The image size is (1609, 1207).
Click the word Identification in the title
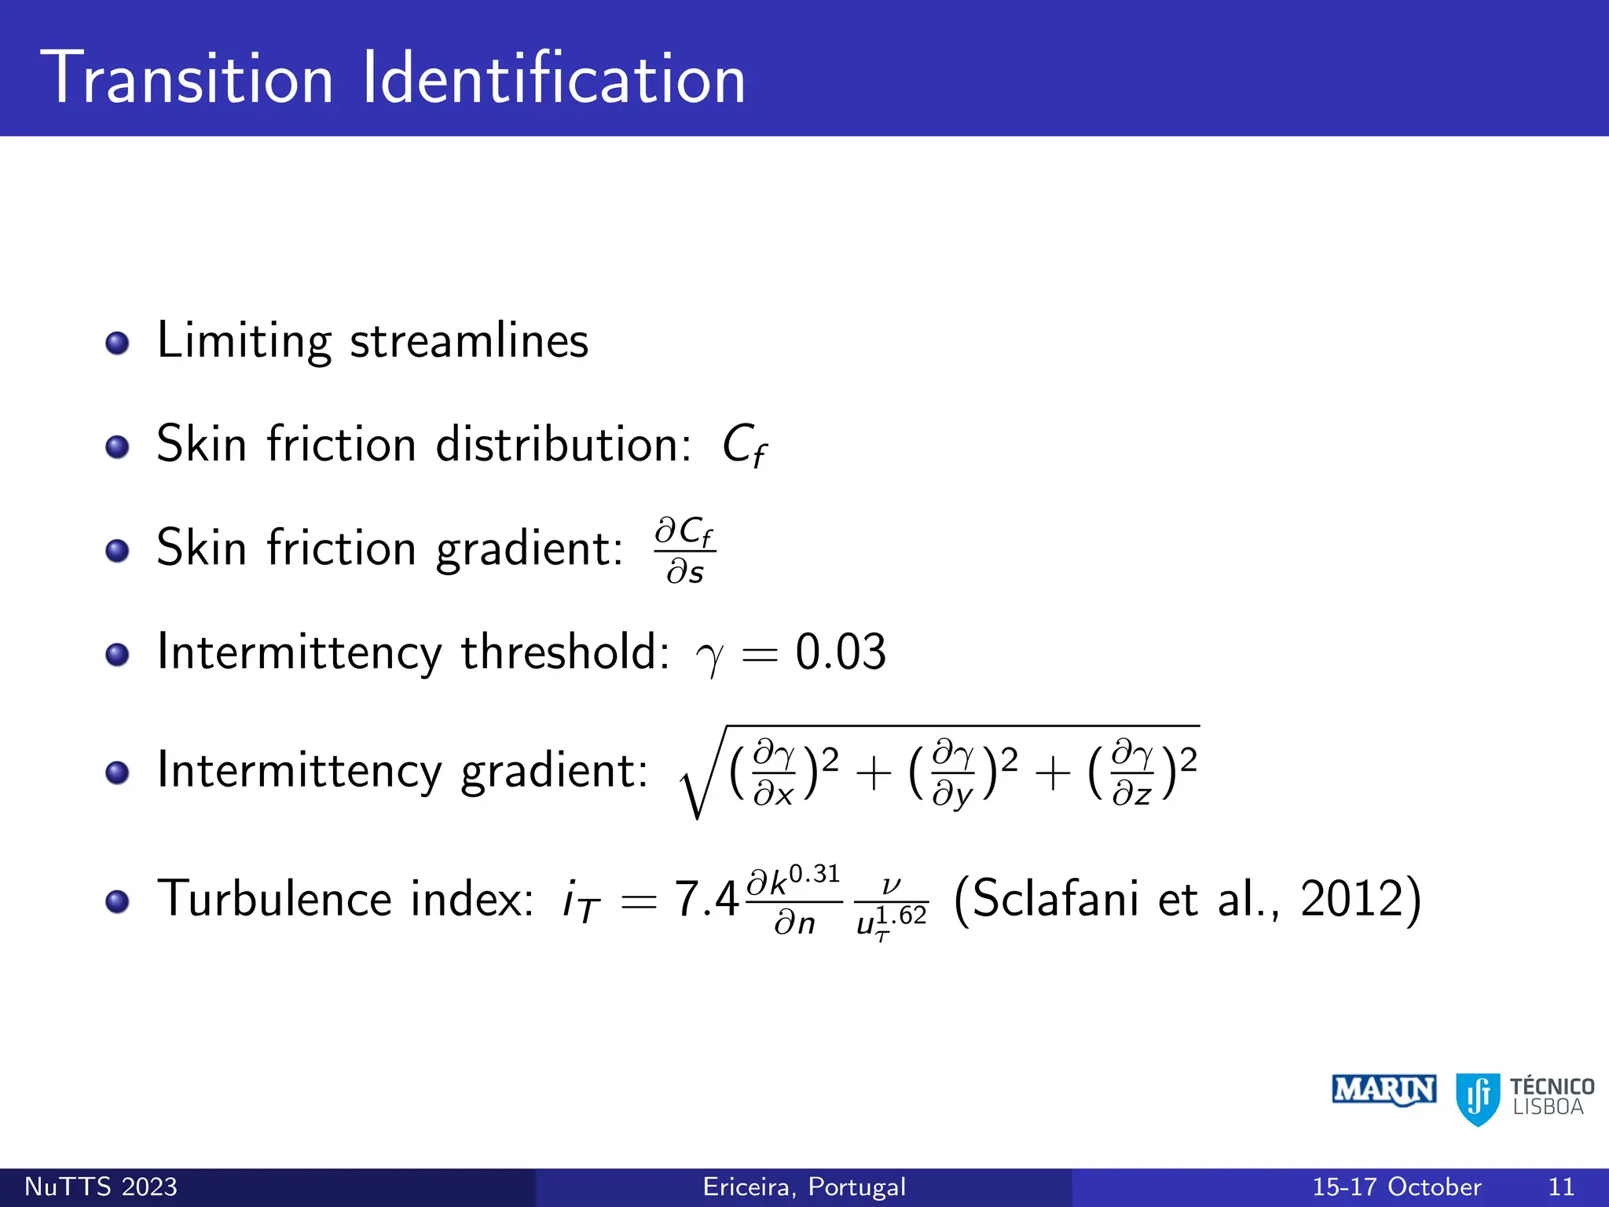(554, 78)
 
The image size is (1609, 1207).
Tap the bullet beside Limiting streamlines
(117, 343)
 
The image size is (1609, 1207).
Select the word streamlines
(469, 342)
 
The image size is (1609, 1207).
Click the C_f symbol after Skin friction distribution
(743, 446)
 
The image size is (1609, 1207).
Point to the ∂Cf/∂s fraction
(684, 550)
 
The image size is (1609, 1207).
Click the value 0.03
(841, 652)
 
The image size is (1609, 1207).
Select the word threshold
(564, 652)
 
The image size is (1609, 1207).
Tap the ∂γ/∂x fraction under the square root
(774, 772)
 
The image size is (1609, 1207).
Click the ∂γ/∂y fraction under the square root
(953, 772)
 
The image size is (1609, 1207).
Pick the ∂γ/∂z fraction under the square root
(1132, 772)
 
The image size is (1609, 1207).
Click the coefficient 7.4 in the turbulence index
(706, 900)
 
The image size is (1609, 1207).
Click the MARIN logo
(1384, 1090)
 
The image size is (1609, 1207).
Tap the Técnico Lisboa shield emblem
(1478, 1098)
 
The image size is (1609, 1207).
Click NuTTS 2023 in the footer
(101, 1187)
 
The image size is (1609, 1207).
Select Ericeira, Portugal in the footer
(804, 1187)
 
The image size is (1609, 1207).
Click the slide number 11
(1560, 1187)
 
